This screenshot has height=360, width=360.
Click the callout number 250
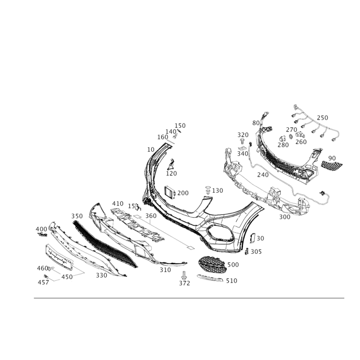coord(322,118)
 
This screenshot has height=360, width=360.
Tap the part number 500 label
coord(233,265)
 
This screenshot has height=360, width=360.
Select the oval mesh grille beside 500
coord(212,265)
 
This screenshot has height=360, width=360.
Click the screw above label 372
coord(184,275)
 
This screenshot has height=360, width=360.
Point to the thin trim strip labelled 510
coord(210,278)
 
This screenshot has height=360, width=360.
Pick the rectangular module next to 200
coord(170,193)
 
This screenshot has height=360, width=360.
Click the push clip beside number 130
coord(208,190)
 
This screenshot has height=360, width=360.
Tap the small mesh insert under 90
coord(331,165)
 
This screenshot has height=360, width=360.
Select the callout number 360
coord(151,216)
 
